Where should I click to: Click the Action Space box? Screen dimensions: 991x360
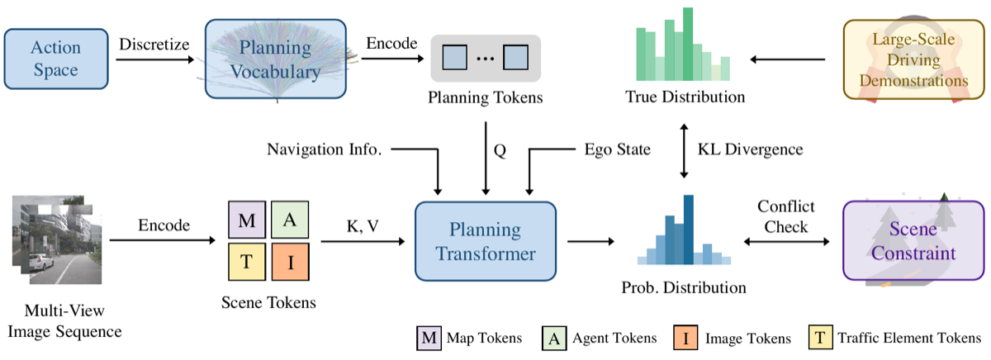pos(56,59)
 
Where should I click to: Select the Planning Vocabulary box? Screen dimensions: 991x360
pos(276,59)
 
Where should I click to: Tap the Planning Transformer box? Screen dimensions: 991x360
pos(486,241)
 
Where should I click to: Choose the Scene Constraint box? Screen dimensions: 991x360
pos(913,240)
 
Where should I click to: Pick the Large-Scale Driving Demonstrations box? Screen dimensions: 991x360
pos(913,59)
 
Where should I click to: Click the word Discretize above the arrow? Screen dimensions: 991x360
pos(154,45)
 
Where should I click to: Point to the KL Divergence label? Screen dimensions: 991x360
pos(751,149)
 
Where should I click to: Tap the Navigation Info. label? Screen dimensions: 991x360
pos(325,149)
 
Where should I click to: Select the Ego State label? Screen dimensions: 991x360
pos(617,149)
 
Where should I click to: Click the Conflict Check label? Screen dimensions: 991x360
pos(785,216)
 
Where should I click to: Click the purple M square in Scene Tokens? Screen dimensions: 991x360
pos(247,220)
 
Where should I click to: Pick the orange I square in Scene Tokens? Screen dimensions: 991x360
pos(290,262)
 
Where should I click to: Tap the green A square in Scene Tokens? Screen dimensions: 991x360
pos(290,220)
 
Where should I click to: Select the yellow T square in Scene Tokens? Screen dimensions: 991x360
pos(247,262)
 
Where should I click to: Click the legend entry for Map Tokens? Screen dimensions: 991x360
pos(469,338)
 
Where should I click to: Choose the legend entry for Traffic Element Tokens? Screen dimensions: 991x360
pos(894,338)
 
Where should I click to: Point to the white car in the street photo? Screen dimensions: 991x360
pos(40,261)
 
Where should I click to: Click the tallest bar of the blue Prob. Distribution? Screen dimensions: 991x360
pos(689,230)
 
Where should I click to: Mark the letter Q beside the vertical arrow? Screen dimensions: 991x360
pos(500,150)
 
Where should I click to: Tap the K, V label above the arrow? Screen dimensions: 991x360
pos(363,226)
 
